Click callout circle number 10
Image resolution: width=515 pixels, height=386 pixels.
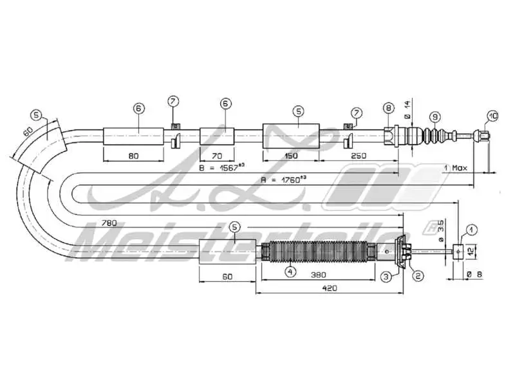(492, 116)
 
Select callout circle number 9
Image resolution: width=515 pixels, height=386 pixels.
(436, 116)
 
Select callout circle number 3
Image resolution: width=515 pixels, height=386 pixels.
(386, 277)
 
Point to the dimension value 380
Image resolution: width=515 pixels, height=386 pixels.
(315, 275)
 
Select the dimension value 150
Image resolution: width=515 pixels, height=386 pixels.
(291, 156)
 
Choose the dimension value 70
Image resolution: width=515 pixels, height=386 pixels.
(216, 156)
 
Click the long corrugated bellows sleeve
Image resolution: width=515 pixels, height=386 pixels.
(317, 252)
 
